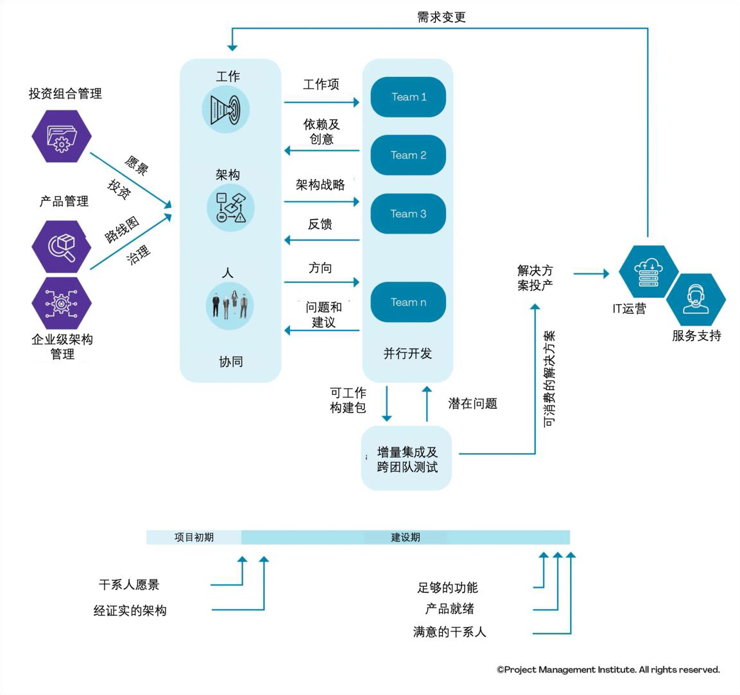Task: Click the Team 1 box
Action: click(408, 98)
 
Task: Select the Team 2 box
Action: click(408, 155)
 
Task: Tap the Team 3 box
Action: click(408, 214)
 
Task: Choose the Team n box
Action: click(408, 302)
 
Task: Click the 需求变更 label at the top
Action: click(441, 18)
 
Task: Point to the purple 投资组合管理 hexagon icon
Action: click(62, 136)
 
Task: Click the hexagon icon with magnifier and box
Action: click(62, 246)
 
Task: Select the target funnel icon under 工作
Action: click(225, 110)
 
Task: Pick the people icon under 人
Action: click(230, 305)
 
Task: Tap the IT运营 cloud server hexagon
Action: click(648, 271)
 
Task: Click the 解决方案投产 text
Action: click(535, 278)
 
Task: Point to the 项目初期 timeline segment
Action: click(194, 537)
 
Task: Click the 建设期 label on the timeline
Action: click(406, 537)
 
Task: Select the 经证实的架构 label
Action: click(130, 610)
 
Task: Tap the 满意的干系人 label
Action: click(449, 632)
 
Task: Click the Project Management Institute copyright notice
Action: click(608, 669)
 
